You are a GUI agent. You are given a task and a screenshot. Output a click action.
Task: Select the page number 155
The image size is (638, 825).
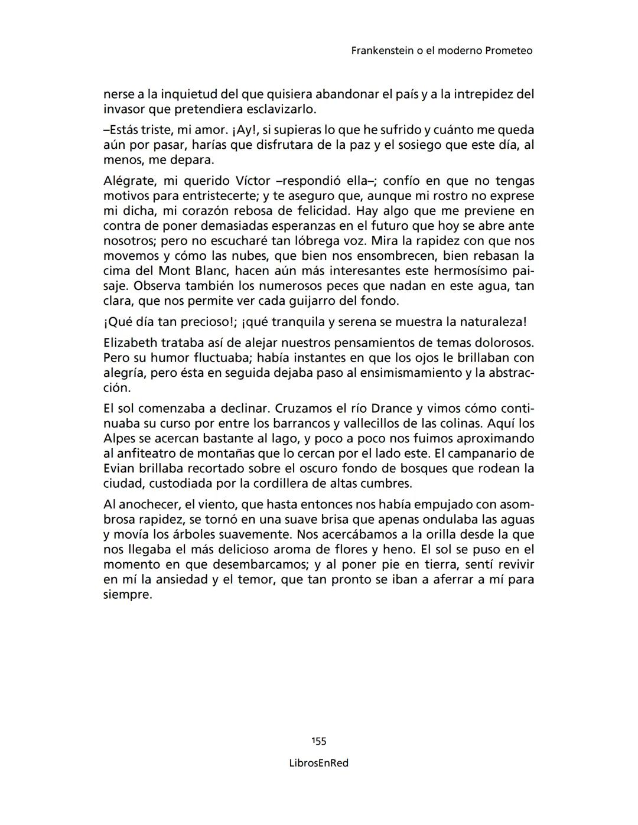(x=319, y=741)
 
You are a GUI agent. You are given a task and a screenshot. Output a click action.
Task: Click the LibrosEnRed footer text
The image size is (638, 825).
(x=319, y=763)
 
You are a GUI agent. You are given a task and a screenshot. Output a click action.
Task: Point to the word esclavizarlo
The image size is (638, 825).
(x=281, y=110)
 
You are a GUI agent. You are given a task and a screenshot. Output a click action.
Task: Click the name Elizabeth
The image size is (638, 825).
(x=131, y=343)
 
